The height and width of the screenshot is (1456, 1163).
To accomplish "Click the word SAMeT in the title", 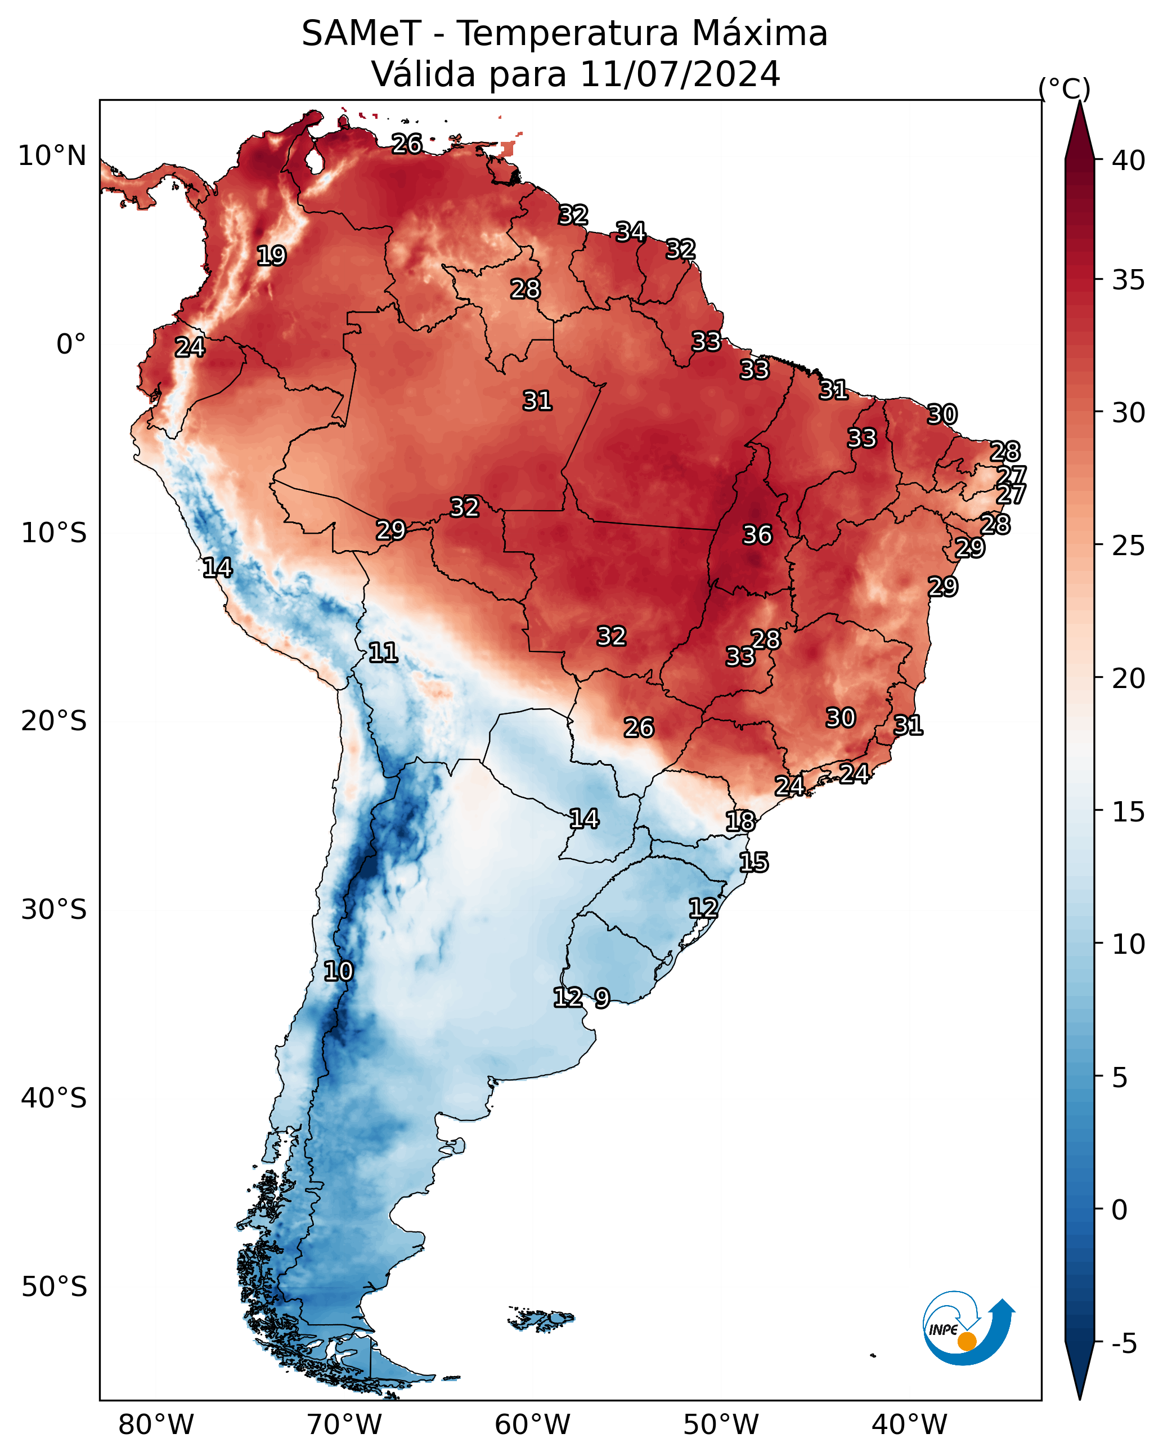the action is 361,33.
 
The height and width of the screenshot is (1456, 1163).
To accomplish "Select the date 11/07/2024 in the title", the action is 680,74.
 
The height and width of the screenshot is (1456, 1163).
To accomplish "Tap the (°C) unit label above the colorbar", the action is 1065,88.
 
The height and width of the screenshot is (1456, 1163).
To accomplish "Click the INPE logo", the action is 969,1328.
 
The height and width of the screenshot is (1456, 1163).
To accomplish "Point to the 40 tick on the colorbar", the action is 1128,160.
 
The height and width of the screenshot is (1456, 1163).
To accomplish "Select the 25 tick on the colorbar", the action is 1128,546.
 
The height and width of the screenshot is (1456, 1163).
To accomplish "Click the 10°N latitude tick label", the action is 52,156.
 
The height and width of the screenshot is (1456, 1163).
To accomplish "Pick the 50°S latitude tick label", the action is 54,1287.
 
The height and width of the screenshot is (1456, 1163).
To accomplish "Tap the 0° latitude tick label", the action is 71,345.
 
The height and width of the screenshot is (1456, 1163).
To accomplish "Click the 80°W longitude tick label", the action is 156,1425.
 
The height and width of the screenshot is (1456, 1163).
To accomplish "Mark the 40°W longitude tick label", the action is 909,1425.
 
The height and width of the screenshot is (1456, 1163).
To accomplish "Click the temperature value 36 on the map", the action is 757,535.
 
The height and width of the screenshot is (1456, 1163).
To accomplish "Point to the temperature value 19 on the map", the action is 271,256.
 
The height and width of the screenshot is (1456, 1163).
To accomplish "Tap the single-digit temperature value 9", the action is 602,998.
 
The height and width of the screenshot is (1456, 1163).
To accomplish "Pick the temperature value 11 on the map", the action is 383,653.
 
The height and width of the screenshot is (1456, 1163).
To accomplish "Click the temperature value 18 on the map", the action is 740,821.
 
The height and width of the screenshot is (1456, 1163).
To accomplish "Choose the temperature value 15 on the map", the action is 754,863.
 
